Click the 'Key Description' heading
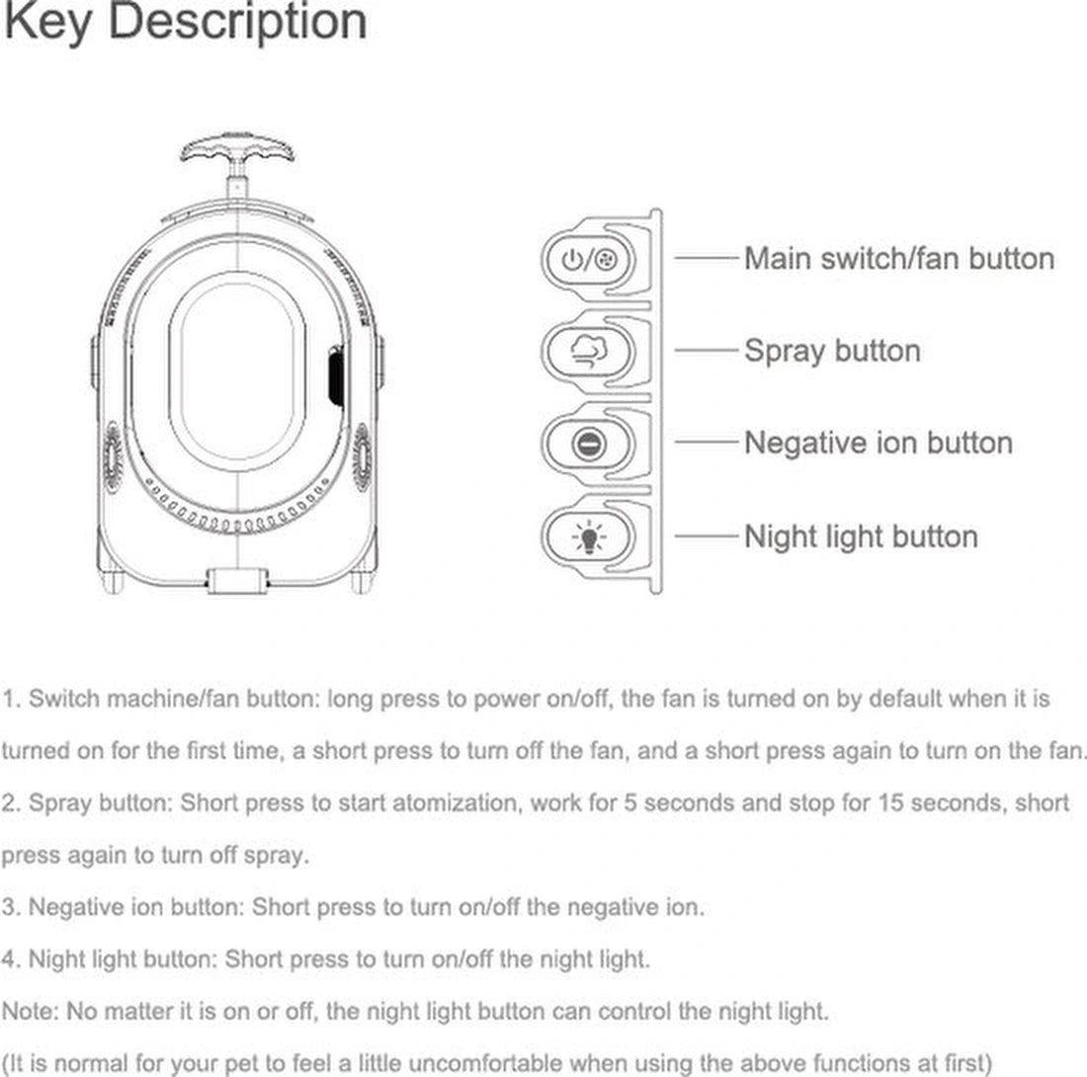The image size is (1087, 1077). (185, 22)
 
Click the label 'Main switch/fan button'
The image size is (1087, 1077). (898, 259)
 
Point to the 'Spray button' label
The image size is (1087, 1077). (831, 351)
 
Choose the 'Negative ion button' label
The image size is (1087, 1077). (878, 443)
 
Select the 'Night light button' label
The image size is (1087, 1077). (860, 537)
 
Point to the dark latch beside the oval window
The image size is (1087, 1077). (336, 375)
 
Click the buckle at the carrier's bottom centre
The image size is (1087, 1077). (237, 580)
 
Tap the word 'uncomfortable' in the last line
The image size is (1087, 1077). (535, 1063)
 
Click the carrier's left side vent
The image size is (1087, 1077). (112, 456)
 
